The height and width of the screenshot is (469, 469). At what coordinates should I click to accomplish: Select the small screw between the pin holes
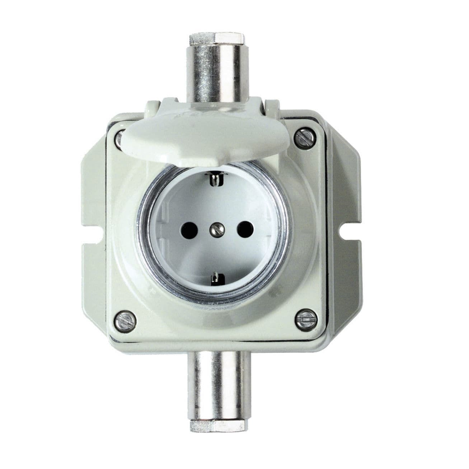[x=216, y=227]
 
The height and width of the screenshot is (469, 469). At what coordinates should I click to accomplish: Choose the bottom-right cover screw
[x=305, y=318]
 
